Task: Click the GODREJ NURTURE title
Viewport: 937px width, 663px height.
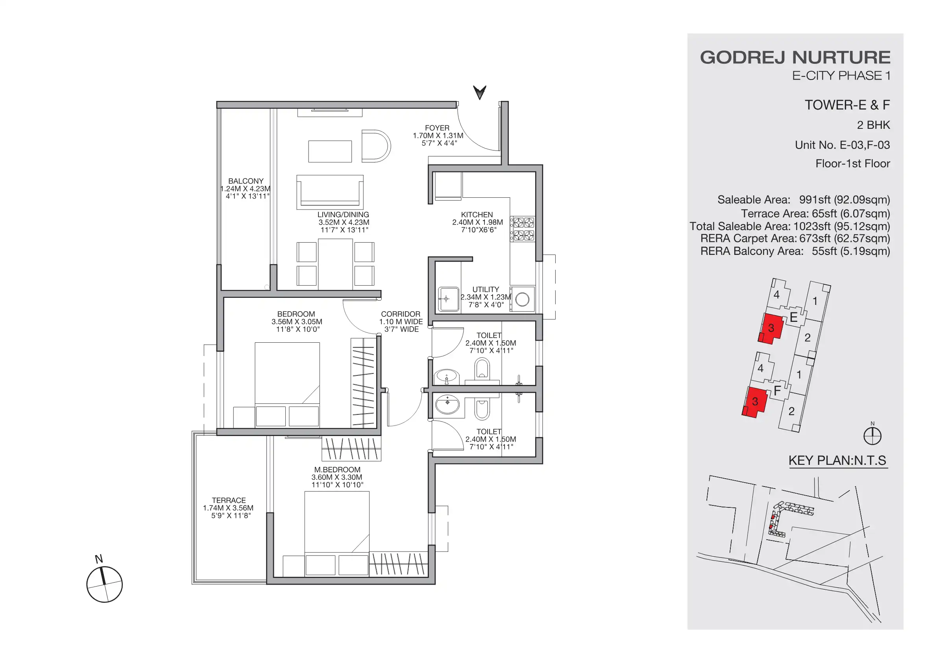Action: click(795, 58)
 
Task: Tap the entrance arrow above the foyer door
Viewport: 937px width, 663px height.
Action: click(479, 92)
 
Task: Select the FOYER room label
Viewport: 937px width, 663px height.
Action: click(437, 128)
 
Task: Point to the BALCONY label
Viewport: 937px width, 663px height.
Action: click(246, 181)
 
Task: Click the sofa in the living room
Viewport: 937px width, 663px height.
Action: click(330, 192)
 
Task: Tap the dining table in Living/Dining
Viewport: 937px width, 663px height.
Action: click(335, 264)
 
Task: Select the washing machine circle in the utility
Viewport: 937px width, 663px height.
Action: click(522, 299)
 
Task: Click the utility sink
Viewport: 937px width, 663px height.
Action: click(448, 299)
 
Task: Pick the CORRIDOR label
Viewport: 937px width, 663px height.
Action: click(400, 314)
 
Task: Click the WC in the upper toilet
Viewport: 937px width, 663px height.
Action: click(482, 369)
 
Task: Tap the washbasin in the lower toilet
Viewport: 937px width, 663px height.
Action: click(447, 404)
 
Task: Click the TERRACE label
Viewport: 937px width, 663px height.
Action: click(229, 500)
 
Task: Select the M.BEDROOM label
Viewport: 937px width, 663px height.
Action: click(337, 470)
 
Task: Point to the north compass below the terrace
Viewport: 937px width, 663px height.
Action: click(104, 584)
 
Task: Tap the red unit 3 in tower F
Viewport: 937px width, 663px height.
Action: click(754, 401)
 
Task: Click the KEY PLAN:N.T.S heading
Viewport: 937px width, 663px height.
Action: click(837, 461)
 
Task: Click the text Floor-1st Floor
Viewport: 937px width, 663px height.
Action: click(852, 164)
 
